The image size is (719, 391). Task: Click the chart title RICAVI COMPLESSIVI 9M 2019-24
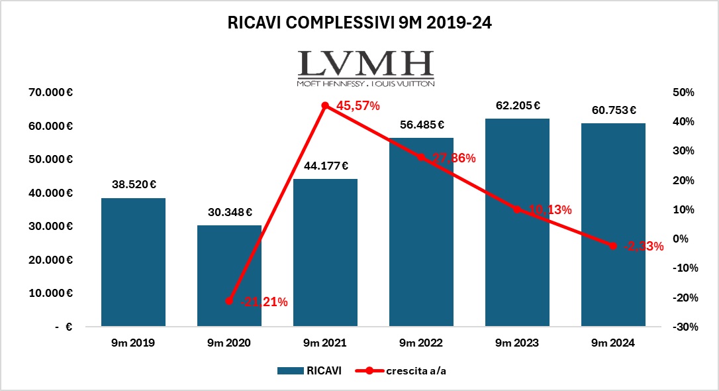click(359, 23)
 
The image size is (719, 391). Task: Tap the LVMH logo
click(365, 68)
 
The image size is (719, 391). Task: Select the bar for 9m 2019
click(134, 262)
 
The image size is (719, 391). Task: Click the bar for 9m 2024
click(613, 225)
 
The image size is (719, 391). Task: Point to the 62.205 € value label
click(517, 105)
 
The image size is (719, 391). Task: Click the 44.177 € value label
click(325, 166)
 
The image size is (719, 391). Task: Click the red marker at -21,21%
click(229, 301)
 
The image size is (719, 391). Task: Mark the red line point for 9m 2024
click(613, 246)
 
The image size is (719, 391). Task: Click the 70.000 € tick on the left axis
click(51, 92)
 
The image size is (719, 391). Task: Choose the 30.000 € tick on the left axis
click(51, 226)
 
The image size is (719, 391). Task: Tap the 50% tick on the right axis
click(684, 92)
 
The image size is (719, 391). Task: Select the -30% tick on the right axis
click(683, 327)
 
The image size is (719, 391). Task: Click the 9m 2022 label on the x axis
click(421, 343)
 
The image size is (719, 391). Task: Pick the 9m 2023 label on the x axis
click(517, 343)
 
